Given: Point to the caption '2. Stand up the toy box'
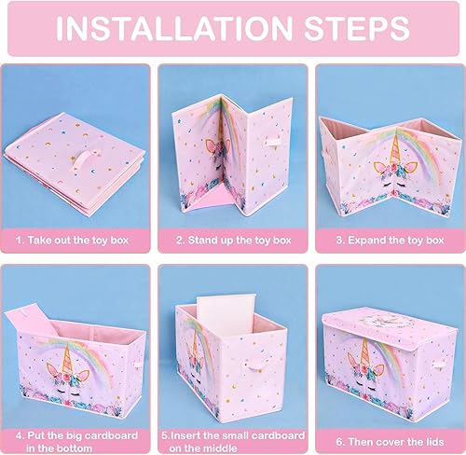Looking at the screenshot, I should (232, 239).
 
